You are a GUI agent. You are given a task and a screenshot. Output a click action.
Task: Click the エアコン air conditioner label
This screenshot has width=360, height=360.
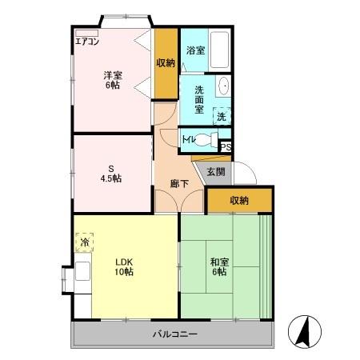click(x=87, y=42)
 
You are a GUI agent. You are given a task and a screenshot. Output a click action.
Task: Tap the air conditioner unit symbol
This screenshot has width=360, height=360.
click(x=87, y=34)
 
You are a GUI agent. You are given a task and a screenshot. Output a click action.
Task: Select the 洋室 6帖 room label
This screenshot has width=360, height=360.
click(x=113, y=80)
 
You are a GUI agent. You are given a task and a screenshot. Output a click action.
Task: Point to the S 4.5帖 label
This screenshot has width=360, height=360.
click(x=111, y=174)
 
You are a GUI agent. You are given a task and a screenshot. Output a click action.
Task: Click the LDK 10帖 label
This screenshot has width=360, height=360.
click(x=124, y=266)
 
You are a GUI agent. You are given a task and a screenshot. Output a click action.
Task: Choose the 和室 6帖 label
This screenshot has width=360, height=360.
click(x=219, y=266)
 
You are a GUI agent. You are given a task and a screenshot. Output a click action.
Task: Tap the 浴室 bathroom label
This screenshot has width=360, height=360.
click(x=195, y=50)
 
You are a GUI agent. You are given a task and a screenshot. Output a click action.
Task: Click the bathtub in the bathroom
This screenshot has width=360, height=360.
click(x=220, y=50)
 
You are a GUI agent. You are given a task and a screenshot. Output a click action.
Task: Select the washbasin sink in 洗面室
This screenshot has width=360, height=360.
click(x=223, y=86)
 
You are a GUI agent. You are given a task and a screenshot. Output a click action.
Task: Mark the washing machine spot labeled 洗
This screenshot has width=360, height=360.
click(x=222, y=116)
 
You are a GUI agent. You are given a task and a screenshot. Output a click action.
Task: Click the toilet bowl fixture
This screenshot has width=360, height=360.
click(x=206, y=139)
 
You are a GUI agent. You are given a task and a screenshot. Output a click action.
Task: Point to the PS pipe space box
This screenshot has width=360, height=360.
click(x=226, y=147)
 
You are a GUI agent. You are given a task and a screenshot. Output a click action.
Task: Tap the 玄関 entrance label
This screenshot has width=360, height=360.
click(x=216, y=172)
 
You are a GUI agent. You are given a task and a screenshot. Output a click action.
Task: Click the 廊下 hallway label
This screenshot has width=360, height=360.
click(x=180, y=183)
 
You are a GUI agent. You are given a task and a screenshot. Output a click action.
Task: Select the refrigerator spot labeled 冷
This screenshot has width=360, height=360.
click(x=85, y=242)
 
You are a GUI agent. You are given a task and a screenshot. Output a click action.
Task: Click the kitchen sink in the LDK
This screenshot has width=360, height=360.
click(x=82, y=271)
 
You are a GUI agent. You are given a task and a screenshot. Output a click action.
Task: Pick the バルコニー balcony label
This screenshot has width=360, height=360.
click(x=175, y=334)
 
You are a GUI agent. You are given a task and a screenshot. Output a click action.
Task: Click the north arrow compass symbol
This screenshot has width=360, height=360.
click(x=305, y=332)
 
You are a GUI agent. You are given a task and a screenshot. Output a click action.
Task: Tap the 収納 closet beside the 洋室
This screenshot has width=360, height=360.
click(x=166, y=63)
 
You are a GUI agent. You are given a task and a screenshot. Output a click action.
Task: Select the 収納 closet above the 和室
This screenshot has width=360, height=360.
click(x=239, y=200)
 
